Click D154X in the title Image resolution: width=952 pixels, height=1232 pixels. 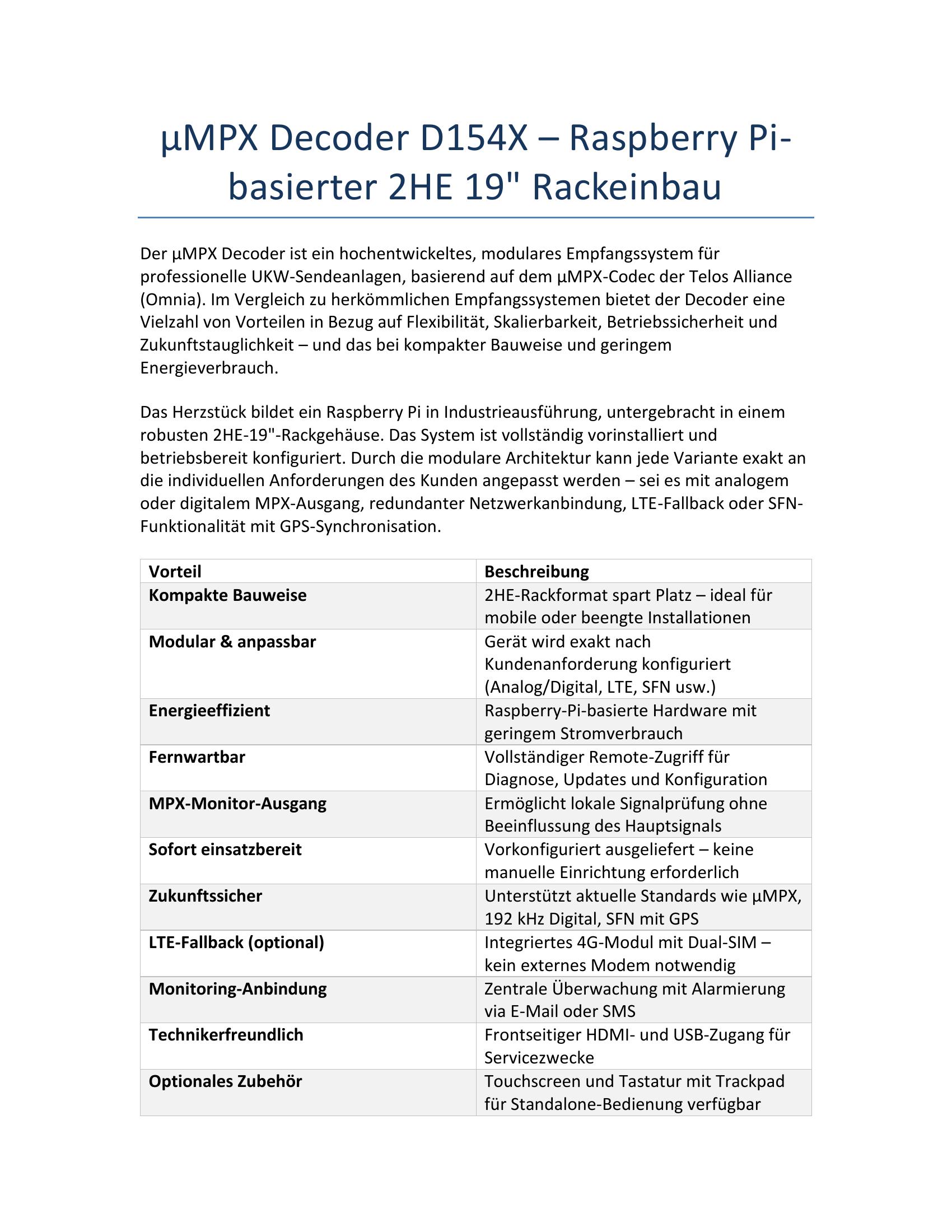click(473, 138)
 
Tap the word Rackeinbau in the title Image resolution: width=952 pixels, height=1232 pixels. click(627, 187)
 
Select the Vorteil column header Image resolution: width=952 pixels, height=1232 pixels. click(175, 571)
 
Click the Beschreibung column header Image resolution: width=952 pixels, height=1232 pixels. click(536, 571)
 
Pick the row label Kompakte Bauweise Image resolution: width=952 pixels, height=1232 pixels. click(227, 595)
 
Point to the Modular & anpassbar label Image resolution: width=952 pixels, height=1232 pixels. click(232, 641)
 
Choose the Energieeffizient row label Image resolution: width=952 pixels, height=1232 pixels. click(209, 710)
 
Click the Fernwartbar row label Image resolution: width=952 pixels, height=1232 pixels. click(197, 757)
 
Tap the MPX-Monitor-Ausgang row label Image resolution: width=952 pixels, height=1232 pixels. click(237, 803)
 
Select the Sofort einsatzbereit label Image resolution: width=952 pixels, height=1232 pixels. click(225, 850)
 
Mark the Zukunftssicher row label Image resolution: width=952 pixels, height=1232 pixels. click(206, 896)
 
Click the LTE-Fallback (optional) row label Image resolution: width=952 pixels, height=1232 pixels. click(236, 942)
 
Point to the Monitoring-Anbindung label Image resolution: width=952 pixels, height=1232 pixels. click(237, 988)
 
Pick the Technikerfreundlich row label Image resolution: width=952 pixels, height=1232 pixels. click(226, 1034)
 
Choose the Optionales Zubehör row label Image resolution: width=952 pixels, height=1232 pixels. click(225, 1081)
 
